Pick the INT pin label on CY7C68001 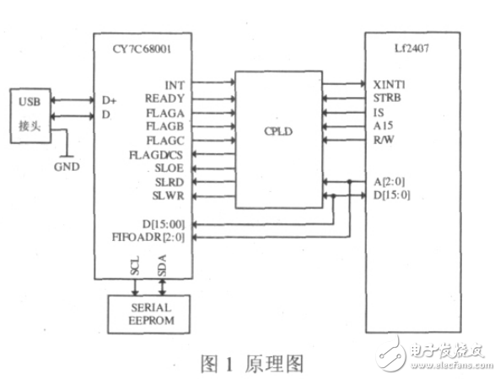175,84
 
